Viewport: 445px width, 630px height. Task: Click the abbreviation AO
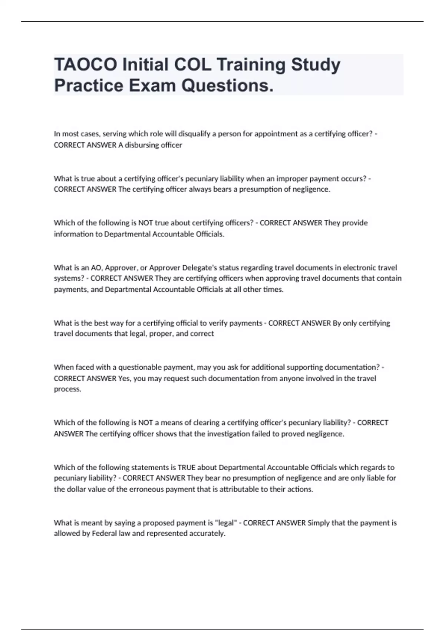pos(96,268)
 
